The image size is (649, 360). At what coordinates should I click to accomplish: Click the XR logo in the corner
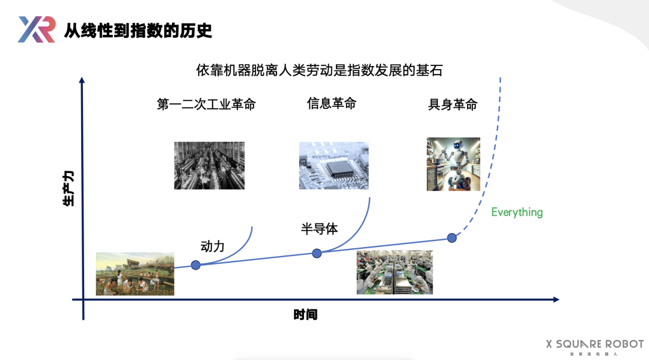coord(37,29)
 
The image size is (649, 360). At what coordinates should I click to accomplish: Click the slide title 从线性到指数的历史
coord(138,29)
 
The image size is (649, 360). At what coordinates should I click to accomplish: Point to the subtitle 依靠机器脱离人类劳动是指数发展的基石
coord(319,70)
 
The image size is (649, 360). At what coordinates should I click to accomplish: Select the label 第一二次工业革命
coord(206,104)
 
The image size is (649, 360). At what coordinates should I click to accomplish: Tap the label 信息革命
coord(331,103)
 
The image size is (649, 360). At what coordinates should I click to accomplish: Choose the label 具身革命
coord(452,105)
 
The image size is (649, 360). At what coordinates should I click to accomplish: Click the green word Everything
coord(517,212)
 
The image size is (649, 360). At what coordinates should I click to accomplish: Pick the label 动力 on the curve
coord(212,246)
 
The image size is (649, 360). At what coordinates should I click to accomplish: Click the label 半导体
coord(319,229)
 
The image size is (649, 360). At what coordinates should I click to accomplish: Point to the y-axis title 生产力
coord(69,188)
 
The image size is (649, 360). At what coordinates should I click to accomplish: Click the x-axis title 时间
coord(305,314)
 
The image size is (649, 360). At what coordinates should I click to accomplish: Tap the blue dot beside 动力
coord(195,264)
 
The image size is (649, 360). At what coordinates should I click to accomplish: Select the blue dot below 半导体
coord(317,254)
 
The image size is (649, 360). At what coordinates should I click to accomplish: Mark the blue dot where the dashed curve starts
coord(452,237)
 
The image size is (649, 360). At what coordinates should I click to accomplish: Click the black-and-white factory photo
coord(209,165)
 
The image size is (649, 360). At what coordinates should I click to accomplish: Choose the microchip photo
coord(334,165)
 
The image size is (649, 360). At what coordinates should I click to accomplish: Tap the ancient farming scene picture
coord(135,273)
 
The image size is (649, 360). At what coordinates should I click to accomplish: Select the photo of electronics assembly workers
coord(394,272)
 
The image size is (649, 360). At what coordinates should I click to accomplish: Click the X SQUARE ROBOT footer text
coord(594,344)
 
